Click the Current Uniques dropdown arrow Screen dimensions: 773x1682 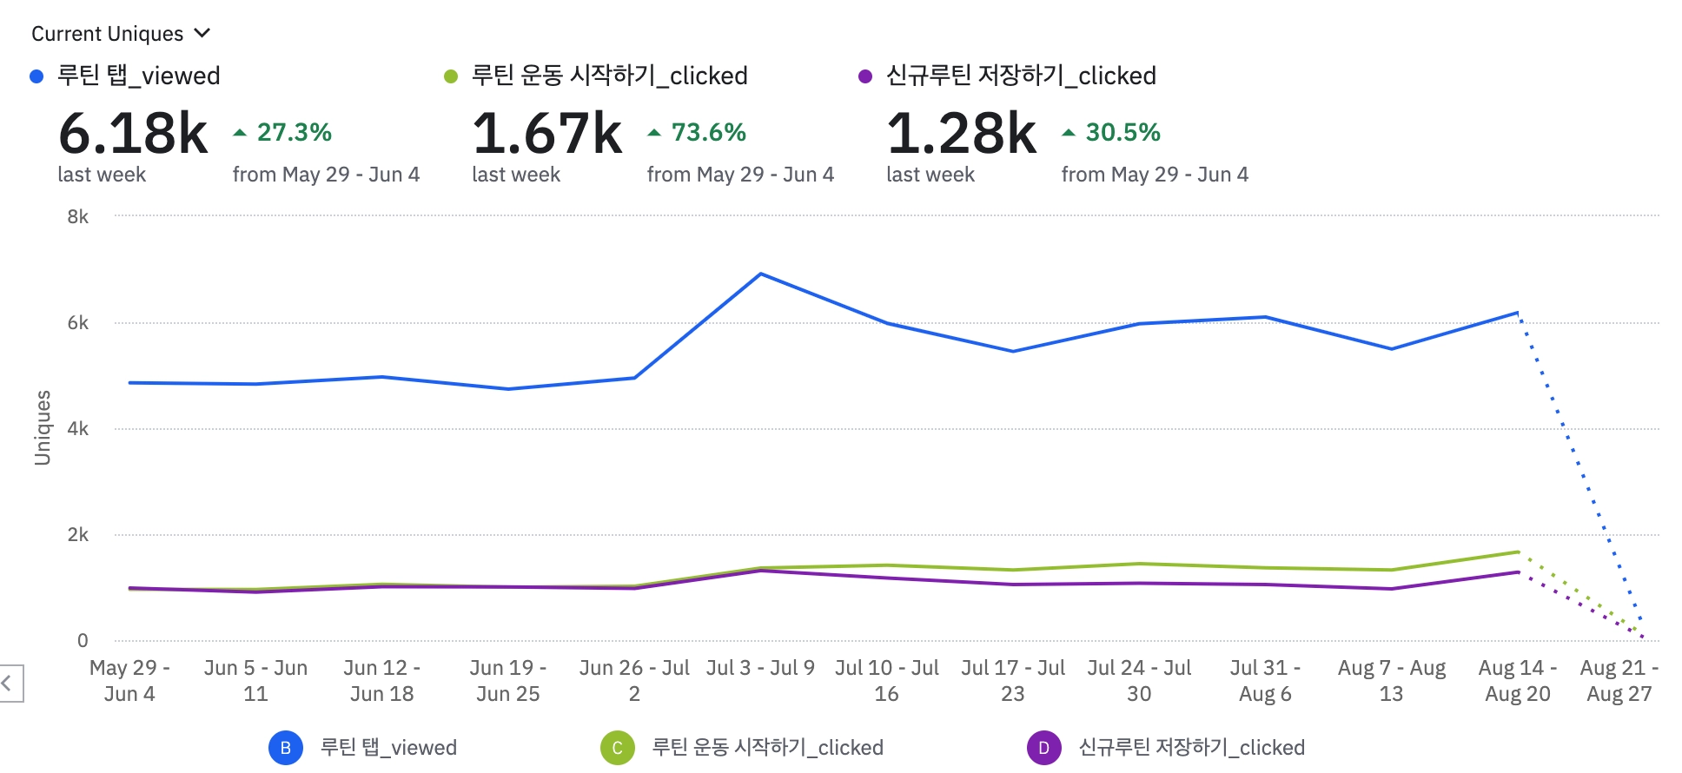point(202,33)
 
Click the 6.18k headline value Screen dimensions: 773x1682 point(133,134)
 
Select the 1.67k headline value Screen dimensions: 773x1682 point(547,134)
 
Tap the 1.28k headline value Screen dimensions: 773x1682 point(962,134)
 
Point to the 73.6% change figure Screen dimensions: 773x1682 point(708,132)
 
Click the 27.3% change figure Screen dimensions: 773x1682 point(294,132)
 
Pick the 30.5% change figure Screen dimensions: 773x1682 point(1122,132)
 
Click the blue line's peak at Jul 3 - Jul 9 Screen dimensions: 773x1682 point(761,274)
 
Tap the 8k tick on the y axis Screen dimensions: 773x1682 point(77,217)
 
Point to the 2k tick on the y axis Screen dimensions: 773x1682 point(77,535)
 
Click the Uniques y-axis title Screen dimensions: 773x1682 point(42,427)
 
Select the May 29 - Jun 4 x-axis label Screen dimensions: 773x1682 point(129,680)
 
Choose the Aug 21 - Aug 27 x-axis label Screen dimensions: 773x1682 point(1619,680)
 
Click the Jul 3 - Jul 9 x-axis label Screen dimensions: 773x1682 point(760,668)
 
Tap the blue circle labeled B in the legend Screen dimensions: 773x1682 point(286,748)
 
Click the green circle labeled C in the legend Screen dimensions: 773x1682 point(618,748)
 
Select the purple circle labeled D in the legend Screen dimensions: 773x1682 point(1043,748)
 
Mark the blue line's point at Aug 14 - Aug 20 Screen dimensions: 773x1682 point(1517,313)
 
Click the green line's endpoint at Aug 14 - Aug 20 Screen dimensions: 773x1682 point(1517,552)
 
